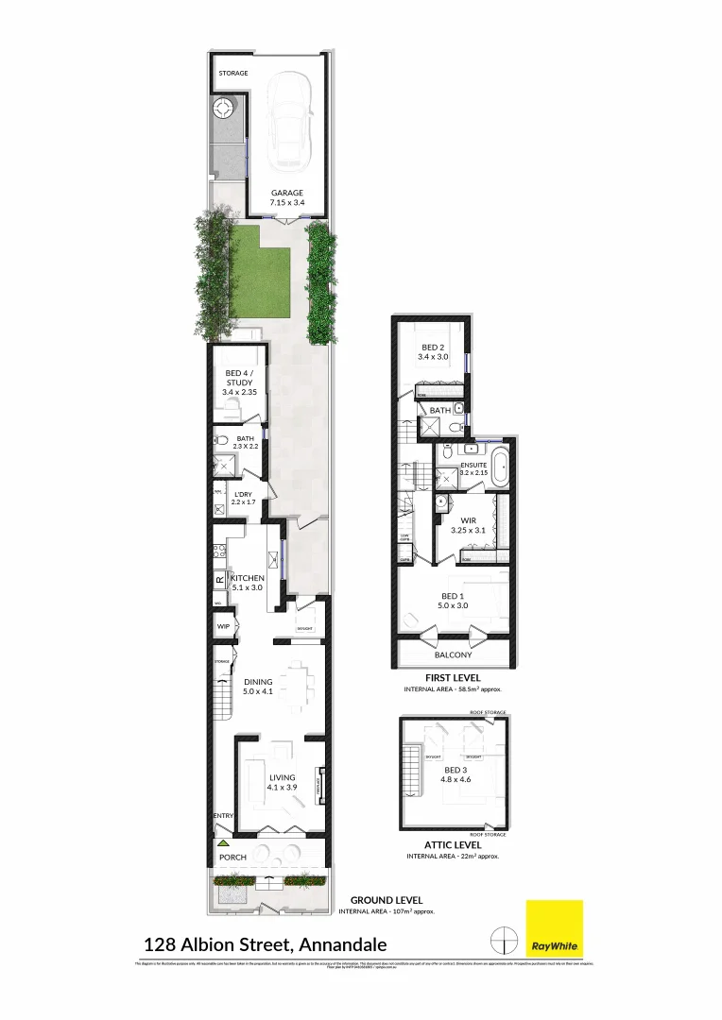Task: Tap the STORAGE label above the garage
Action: [x=233, y=73]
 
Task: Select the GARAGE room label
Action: [x=287, y=193]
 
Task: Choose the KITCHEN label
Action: [x=247, y=578]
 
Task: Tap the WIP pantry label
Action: [x=224, y=626]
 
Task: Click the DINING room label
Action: [x=258, y=682]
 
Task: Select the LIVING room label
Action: [x=282, y=777]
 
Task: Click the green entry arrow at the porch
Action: [x=223, y=841]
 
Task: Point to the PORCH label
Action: [x=232, y=858]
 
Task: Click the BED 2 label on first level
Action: [x=433, y=348]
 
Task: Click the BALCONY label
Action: [x=453, y=654]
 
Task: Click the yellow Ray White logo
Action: [x=555, y=929]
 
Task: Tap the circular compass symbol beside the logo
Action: [x=506, y=941]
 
